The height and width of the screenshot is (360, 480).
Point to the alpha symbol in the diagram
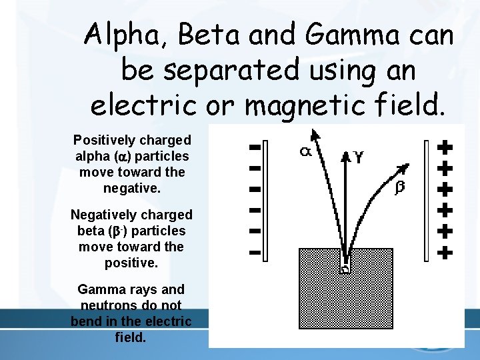coord(305,152)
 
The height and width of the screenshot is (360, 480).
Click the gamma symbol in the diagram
coord(359,157)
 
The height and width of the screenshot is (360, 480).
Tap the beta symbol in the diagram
coord(399,188)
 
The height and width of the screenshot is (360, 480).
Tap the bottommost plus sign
coord(445,253)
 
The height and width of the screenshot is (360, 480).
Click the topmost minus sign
coord(253,146)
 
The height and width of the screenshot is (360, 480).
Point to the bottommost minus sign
coord(253,253)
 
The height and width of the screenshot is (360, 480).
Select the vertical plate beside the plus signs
coord(427,200)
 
